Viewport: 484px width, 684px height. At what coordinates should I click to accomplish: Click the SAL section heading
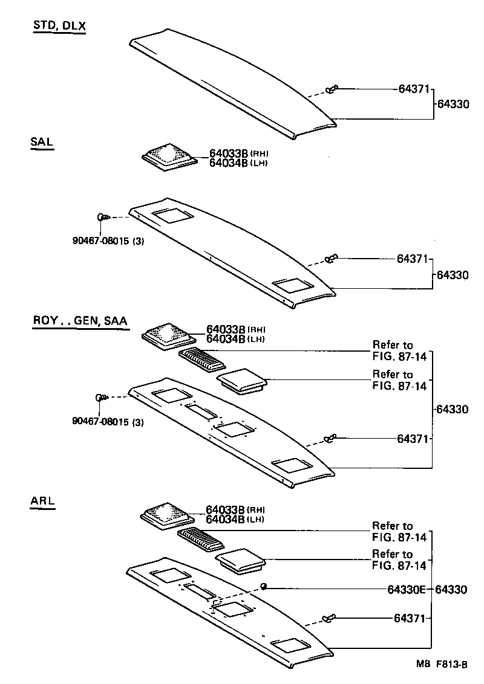point(42,143)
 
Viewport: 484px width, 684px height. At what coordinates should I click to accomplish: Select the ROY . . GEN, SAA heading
point(79,321)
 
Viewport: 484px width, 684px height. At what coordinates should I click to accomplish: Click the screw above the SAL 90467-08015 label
point(102,217)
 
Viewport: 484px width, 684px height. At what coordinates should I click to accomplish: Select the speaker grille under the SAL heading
point(169,156)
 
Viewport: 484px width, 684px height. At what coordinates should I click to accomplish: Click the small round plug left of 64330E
point(264,586)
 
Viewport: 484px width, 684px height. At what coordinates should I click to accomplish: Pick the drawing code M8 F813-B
point(441,665)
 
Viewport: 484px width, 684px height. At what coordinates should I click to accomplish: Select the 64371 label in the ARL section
point(411,618)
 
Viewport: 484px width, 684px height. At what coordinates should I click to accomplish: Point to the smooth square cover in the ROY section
point(241,381)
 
